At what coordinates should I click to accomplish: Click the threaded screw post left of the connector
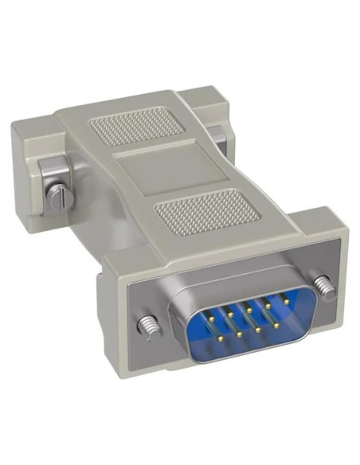[x=149, y=325]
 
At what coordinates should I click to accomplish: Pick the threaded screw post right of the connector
[x=323, y=282]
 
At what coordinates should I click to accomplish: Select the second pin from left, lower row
[x=248, y=330]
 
